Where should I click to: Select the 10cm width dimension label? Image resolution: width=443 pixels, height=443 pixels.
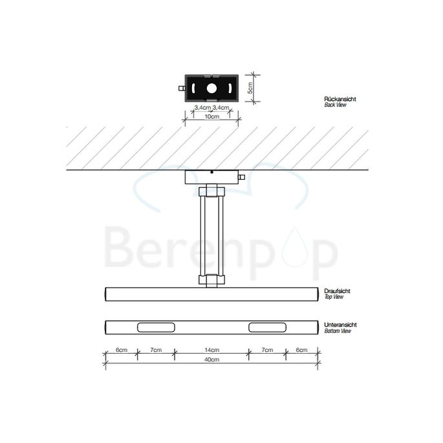point(211,117)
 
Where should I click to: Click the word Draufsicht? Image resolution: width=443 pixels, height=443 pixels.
point(337,292)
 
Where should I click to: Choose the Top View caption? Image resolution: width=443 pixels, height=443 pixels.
point(334,297)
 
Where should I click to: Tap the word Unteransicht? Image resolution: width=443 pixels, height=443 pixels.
point(339,325)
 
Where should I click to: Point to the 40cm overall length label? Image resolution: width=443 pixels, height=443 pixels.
point(211,359)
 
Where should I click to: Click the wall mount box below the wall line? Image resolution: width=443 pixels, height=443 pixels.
point(211,177)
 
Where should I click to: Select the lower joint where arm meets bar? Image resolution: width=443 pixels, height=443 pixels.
point(211,281)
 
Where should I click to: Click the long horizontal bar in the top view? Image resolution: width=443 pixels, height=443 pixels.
point(211,293)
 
